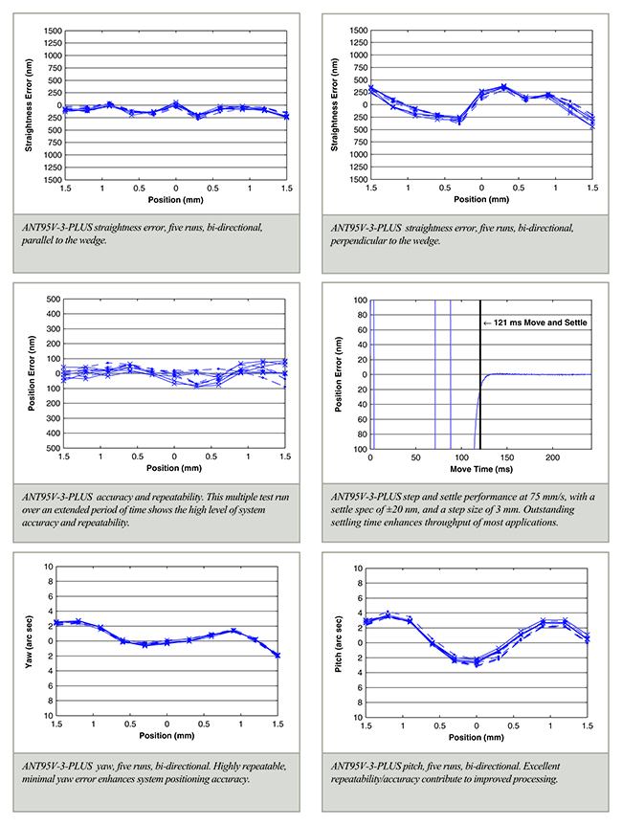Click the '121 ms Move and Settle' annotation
[x=540, y=323]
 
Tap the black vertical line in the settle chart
[x=480, y=374]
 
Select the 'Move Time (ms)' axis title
[x=481, y=469]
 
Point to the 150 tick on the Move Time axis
[x=507, y=457]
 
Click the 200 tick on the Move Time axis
[x=552, y=457]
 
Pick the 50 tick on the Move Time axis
[x=415, y=457]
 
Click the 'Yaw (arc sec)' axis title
[x=29, y=642]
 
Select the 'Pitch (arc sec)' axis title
[x=339, y=644]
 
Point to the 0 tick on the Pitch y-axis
[x=360, y=642]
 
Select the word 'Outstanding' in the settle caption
[x=549, y=509]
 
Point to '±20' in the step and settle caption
[x=387, y=509]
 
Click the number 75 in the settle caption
[x=536, y=497]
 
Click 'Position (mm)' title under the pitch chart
[x=477, y=737]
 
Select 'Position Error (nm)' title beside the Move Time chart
[x=339, y=374]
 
